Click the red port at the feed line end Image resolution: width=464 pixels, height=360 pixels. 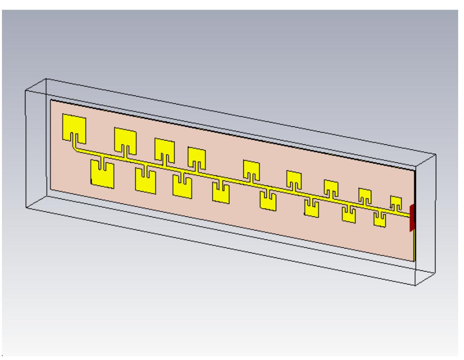click(411, 218)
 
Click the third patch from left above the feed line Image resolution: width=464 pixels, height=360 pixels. click(164, 147)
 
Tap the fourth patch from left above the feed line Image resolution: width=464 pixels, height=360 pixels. click(197, 155)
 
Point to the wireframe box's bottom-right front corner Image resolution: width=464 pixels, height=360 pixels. click(415, 285)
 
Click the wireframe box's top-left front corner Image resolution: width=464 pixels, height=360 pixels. click(25, 91)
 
